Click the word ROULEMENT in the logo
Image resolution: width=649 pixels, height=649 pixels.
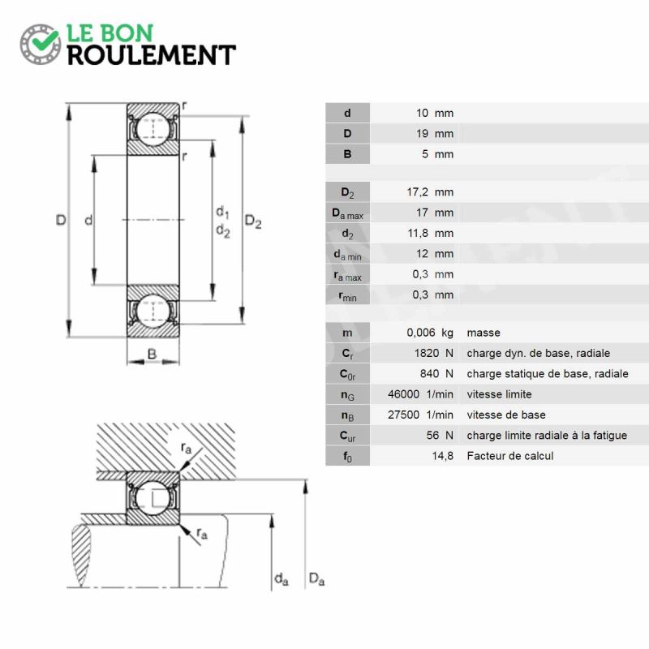(x=152, y=55)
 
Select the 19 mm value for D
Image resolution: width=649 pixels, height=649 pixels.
(x=435, y=134)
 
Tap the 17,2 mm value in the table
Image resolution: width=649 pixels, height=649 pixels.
(x=430, y=192)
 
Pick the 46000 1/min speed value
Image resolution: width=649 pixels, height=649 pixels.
(x=420, y=394)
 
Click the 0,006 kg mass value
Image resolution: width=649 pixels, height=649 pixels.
(x=430, y=333)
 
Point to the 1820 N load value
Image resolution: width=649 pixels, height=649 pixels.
(x=434, y=353)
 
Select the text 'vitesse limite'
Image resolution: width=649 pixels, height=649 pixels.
(x=499, y=394)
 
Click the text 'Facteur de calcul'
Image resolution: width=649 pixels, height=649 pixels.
(x=510, y=456)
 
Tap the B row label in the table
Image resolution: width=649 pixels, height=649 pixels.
(x=347, y=154)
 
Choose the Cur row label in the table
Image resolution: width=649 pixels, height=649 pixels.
(x=348, y=436)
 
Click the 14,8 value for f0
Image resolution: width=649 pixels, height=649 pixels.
(x=442, y=456)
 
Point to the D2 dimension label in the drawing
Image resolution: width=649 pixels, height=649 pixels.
(x=253, y=221)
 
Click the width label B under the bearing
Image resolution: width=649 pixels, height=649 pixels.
(x=152, y=354)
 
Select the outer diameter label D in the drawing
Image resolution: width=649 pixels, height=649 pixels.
(x=61, y=220)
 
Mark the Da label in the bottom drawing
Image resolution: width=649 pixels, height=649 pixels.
(x=316, y=578)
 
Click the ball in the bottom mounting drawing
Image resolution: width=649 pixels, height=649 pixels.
(x=153, y=498)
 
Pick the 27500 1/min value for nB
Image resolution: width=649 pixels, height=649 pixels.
(x=420, y=415)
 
